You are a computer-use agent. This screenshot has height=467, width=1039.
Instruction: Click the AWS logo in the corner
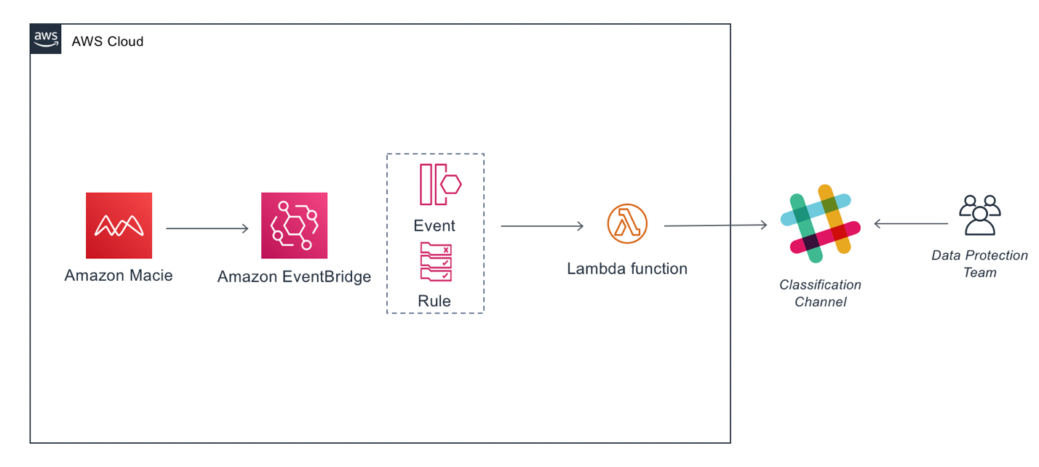(45, 39)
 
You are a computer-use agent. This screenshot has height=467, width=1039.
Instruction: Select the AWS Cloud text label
(107, 41)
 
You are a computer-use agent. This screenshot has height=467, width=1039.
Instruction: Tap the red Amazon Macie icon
(119, 225)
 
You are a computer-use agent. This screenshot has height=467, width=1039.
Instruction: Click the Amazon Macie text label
(119, 276)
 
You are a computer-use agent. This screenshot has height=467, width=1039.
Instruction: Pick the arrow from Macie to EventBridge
(207, 229)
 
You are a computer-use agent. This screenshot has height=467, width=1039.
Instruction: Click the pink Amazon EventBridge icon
(294, 225)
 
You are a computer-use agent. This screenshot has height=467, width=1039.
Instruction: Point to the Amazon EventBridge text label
(294, 276)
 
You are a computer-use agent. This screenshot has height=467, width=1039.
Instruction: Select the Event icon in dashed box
(439, 185)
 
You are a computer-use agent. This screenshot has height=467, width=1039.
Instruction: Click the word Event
(434, 225)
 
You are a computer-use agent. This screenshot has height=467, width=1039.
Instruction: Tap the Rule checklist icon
(435, 262)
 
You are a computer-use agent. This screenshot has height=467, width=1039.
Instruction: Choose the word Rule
(434, 300)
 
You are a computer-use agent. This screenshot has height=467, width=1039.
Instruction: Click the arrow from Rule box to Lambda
(542, 226)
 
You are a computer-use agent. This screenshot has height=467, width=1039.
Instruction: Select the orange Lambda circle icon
(627, 224)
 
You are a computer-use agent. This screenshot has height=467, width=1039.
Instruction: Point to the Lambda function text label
(627, 268)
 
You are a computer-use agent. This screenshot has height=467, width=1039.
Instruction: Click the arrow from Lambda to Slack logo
(715, 225)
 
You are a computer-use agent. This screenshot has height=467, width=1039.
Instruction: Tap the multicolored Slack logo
(820, 224)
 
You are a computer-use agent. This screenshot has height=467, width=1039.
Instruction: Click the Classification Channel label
(820, 293)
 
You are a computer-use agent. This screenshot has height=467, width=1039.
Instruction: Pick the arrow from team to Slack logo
(910, 224)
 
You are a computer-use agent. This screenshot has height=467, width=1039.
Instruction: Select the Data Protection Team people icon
(979, 215)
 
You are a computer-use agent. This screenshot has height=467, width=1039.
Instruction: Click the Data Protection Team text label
(979, 264)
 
